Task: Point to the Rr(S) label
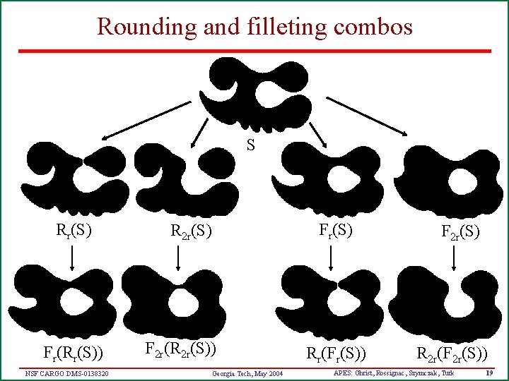point(74,229)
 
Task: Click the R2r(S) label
point(191,230)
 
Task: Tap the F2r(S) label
point(460,231)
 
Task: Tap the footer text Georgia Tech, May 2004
point(247,373)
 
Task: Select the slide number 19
point(489,372)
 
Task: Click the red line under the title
point(255,51)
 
